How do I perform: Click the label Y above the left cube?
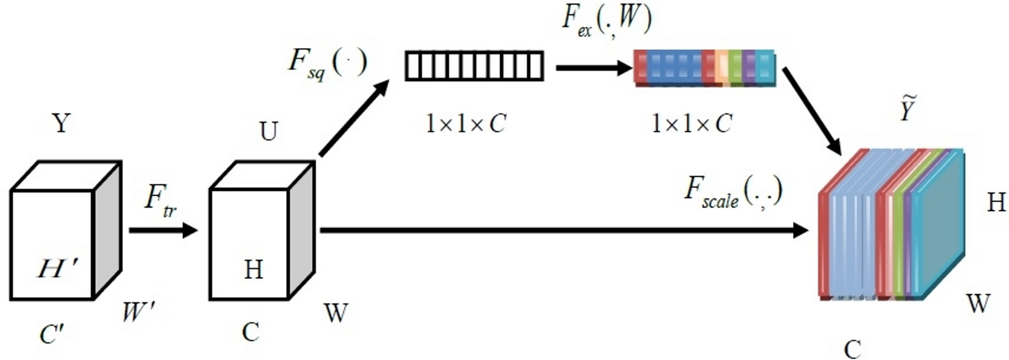pos(61,123)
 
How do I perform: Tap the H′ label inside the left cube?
pos(57,268)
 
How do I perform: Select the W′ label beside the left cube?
pos(138,312)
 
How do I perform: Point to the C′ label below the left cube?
pos(52,334)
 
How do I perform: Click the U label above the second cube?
pos(268,131)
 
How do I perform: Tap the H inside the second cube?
pos(253,269)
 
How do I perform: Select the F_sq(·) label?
pos(328,63)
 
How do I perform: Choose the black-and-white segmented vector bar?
pos(474,66)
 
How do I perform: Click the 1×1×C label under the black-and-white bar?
pos(465,124)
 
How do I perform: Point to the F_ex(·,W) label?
pos(606,20)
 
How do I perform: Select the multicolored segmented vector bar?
pos(705,67)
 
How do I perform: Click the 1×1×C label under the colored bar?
pos(692,124)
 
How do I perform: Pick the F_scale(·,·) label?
pos(733,192)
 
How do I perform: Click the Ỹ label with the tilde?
pos(907,109)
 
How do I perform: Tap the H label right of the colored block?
pos(996,202)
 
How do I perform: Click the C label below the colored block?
pos(852,350)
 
